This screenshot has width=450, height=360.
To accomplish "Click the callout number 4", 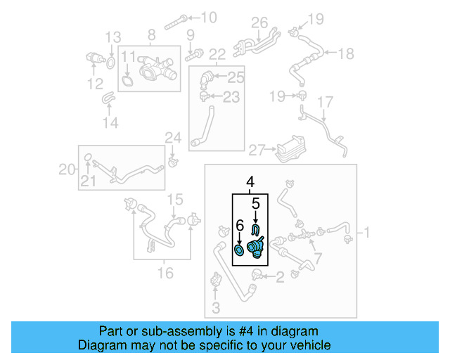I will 250,183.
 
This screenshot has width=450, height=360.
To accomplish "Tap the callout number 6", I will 239,226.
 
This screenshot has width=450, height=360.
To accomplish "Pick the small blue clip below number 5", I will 256,228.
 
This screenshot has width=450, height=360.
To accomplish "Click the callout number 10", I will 209,17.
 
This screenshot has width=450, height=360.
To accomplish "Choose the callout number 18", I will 347,53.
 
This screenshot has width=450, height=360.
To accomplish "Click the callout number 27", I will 256,149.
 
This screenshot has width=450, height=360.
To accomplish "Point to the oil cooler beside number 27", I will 284,148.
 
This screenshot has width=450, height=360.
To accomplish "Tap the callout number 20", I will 66,169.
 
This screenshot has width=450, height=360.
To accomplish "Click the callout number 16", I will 165,272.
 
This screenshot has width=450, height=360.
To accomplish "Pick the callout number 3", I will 215,307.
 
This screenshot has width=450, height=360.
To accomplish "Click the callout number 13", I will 113,37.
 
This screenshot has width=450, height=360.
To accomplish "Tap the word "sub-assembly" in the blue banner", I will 173,331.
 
